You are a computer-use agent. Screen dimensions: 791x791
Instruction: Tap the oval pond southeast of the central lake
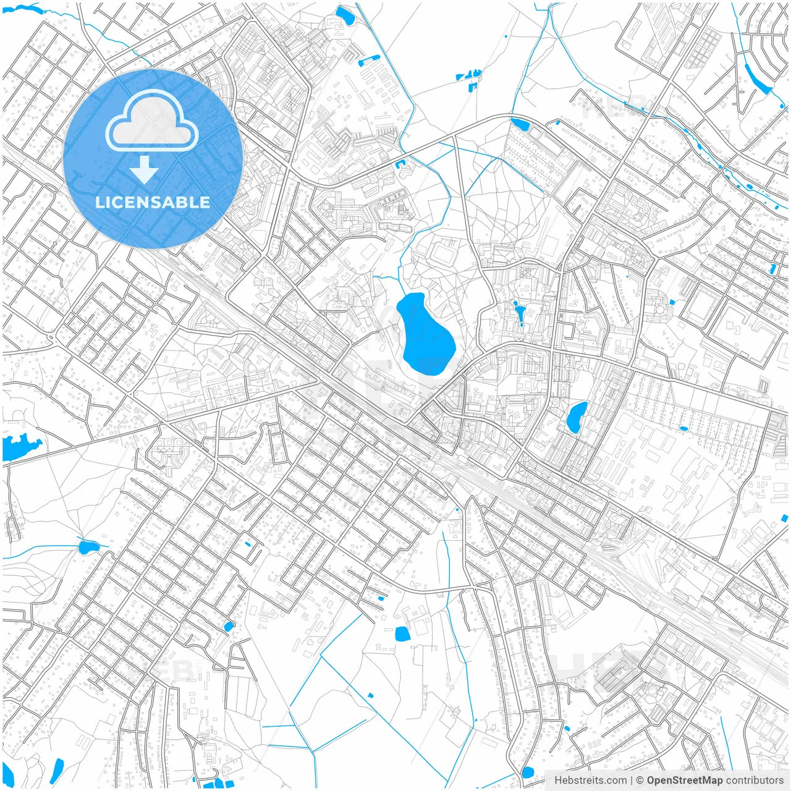pos(577,417)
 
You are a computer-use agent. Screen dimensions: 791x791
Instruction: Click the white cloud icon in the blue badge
pos(152,122)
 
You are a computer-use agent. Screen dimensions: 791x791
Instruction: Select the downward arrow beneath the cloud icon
pos(144,169)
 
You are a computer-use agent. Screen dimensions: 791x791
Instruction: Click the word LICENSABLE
pos(153,202)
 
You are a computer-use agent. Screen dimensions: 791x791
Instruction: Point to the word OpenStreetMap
pos(685,780)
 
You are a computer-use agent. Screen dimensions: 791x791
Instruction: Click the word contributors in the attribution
pos(755,780)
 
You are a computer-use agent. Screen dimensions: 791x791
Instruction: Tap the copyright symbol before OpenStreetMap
pos(640,780)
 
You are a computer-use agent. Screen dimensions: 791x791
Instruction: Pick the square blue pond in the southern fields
pos(402,633)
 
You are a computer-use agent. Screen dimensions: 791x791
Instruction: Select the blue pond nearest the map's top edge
pos(343,15)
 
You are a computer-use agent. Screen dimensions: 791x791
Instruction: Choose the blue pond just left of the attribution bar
pos(527,772)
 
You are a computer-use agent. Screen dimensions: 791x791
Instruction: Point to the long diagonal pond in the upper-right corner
pos(756,78)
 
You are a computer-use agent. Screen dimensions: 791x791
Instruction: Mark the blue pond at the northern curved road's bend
pos(520,124)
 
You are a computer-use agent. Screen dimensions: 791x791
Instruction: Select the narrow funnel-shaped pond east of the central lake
pos(520,312)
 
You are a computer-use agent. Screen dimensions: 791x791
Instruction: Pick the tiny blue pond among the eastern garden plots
pos(683,428)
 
